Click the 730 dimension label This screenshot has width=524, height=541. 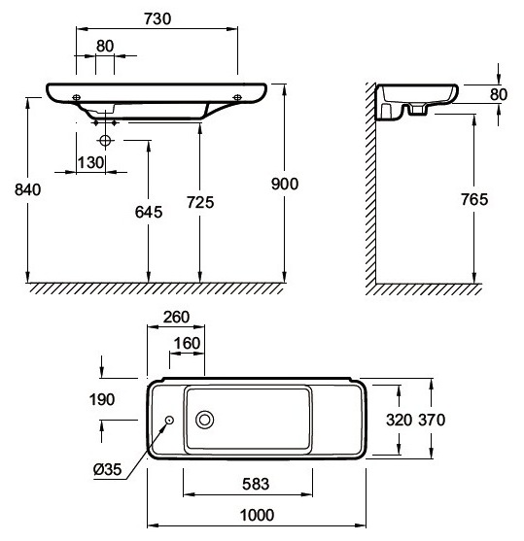tap(157, 19)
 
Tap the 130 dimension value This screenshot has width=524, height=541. tap(90, 162)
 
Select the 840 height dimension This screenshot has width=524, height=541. tap(27, 189)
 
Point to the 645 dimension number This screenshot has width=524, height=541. tap(149, 212)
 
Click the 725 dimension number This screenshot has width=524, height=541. tap(200, 202)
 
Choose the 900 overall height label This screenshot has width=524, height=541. tap(285, 184)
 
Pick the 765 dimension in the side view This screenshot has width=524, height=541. tap(474, 199)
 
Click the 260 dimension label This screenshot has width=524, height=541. tap(176, 317)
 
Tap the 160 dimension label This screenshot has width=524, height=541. tap(187, 343)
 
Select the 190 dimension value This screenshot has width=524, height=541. tap(102, 399)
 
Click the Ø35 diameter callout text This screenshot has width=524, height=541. tap(108, 469)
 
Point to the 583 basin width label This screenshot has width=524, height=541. tap(256, 484)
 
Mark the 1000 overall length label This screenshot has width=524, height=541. tap(258, 515)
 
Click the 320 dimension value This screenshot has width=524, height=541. tap(399, 420)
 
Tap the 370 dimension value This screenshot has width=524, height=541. tap(432, 420)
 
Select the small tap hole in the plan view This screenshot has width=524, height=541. tap(169, 420)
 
